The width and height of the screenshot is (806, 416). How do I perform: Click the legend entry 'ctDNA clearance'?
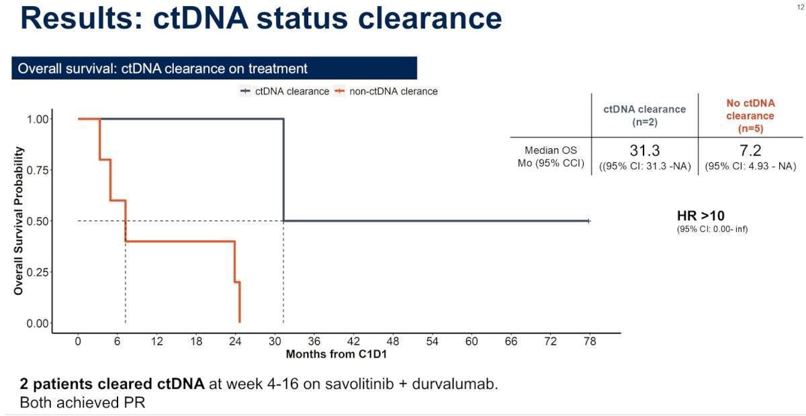click(285, 91)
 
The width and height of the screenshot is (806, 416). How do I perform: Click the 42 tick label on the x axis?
click(353, 342)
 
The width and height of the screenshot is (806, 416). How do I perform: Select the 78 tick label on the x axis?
click(590, 342)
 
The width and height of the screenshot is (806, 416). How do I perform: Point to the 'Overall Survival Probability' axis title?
click(19, 221)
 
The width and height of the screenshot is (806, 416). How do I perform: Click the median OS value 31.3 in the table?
click(645, 150)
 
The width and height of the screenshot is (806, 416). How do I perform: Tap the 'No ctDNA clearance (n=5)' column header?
click(750, 115)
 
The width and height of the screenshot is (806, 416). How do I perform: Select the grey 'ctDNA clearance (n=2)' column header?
click(644, 115)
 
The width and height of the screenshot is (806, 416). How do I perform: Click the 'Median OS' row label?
click(551, 151)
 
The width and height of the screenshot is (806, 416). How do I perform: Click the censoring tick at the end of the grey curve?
click(588, 221)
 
